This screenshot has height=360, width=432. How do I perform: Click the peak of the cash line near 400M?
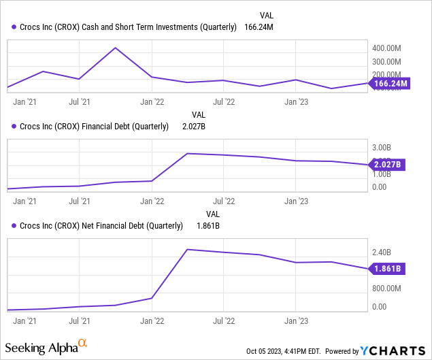coord(116,48)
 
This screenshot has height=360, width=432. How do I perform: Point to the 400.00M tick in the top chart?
coord(388,48)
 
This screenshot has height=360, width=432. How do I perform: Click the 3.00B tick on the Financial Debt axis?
coord(382,147)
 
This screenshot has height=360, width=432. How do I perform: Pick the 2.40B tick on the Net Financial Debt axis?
coord(382,252)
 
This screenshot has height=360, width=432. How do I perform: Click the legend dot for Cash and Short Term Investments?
coord(14,27)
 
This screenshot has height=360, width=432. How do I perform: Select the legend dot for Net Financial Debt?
coord(14,226)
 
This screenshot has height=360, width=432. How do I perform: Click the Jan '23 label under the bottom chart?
coord(295,320)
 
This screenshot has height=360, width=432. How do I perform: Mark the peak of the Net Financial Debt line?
coord(187,250)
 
